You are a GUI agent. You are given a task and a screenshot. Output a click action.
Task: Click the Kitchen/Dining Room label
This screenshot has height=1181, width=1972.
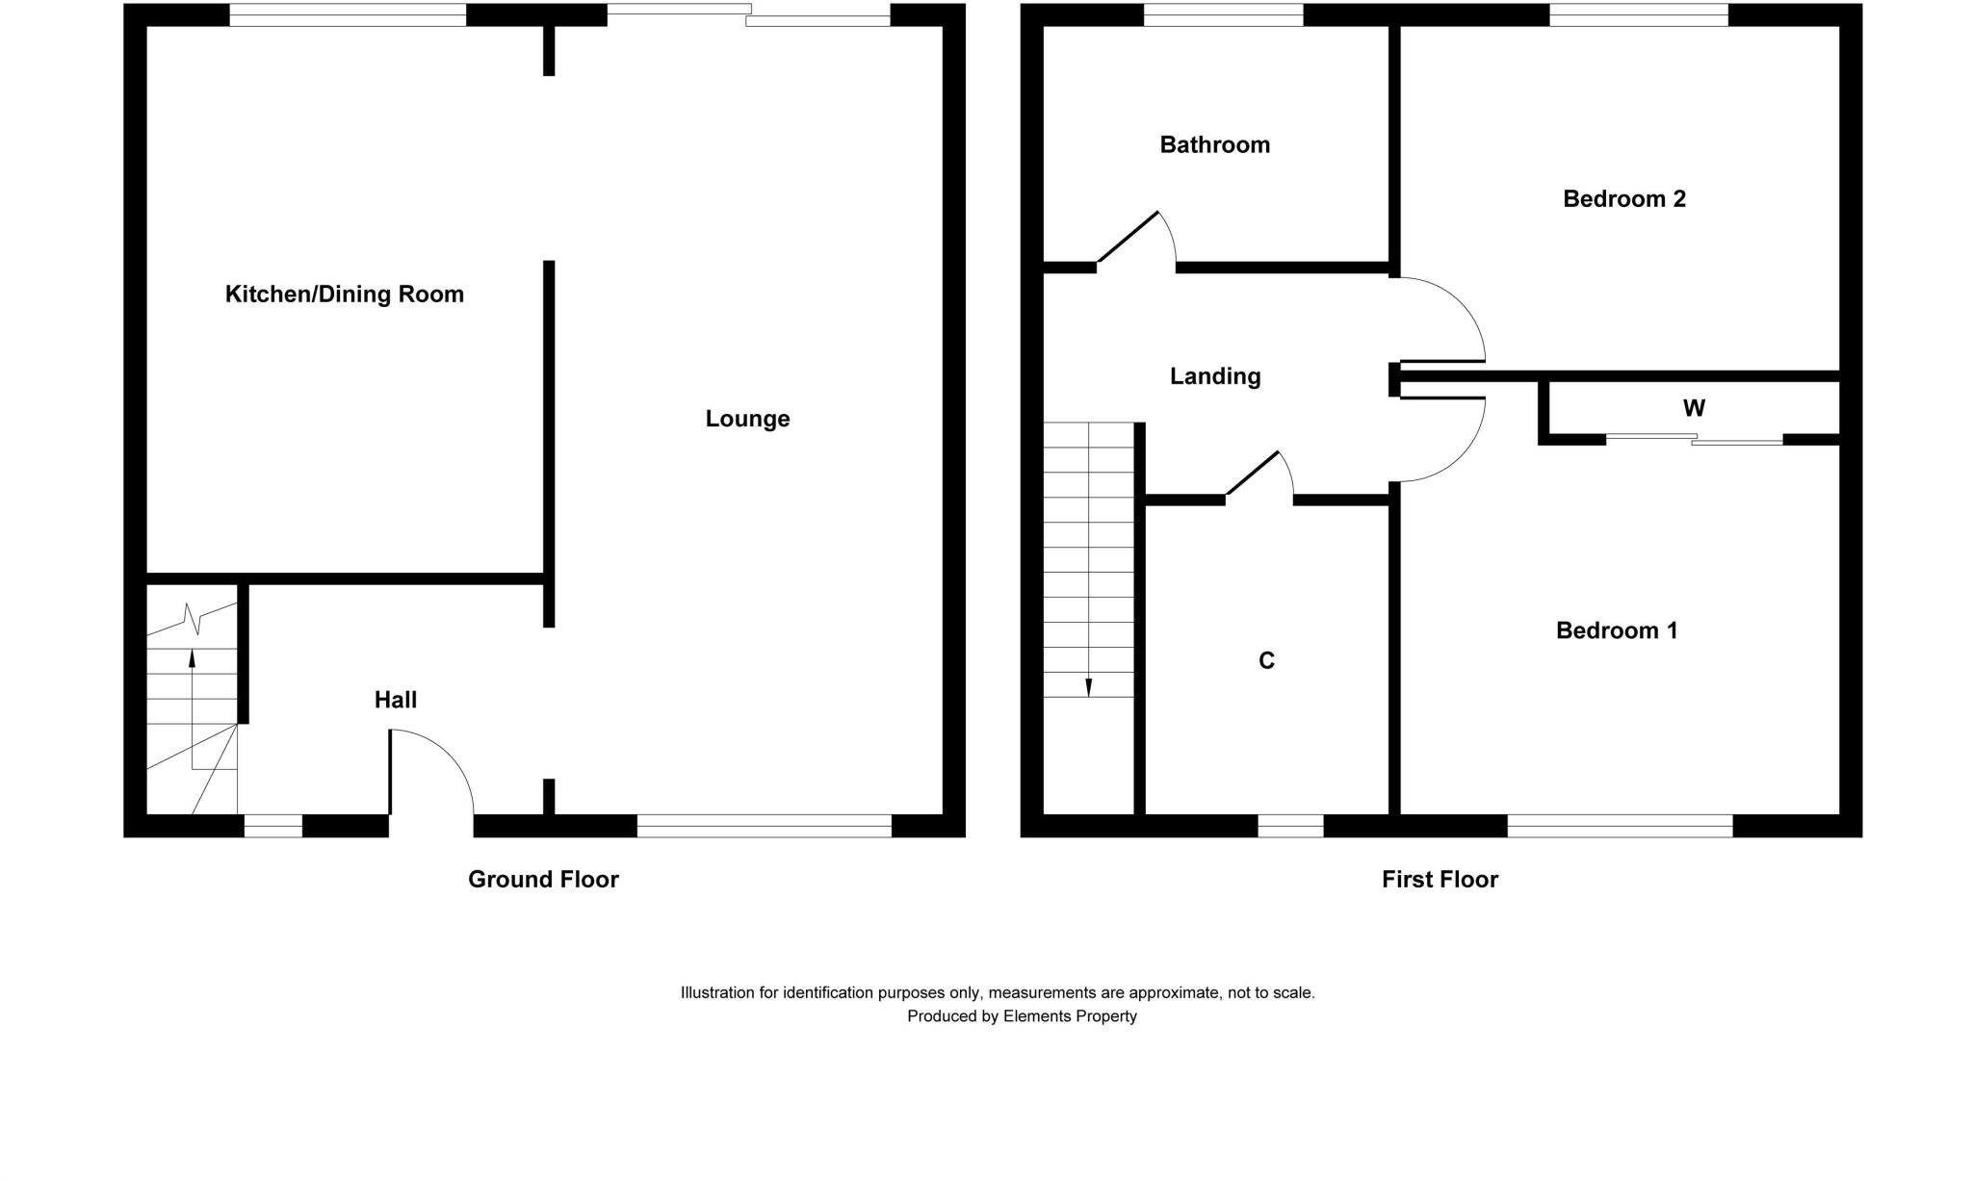[x=344, y=295]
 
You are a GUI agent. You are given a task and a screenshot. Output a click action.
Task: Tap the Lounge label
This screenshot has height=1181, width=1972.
[x=747, y=419]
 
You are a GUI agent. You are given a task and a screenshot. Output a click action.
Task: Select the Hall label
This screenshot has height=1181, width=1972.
[x=395, y=700]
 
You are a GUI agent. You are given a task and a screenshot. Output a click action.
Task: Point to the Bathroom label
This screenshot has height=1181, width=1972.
[x=1214, y=145]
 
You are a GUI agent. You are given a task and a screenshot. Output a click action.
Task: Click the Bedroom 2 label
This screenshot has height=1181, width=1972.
[x=1623, y=199]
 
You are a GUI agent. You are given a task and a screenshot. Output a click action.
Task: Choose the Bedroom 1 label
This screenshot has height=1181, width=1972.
[x=1616, y=630]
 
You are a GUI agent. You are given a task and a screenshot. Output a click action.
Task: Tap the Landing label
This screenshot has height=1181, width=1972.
[x=1214, y=376]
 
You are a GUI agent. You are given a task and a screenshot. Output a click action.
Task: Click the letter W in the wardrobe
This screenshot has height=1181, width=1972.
[x=1694, y=408]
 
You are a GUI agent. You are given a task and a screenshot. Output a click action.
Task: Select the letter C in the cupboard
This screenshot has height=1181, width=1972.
[x=1266, y=660]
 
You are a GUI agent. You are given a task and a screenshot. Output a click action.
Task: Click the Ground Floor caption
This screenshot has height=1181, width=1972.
[x=543, y=879]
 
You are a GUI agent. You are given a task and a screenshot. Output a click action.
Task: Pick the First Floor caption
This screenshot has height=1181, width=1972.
[x=1440, y=879]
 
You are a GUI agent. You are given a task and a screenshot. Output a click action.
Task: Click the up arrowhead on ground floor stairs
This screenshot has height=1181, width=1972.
[x=192, y=659]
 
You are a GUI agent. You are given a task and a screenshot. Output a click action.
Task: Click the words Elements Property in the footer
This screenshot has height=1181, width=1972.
[x=1069, y=1016]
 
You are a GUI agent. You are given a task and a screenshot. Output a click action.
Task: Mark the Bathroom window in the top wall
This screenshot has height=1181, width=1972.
[x=1223, y=14]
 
